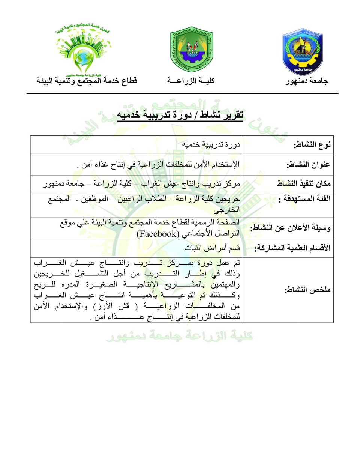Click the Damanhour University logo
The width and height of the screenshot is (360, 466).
click(303, 52)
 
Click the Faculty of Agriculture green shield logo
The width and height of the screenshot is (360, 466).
click(191, 50)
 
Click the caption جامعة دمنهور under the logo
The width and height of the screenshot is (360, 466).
click(306, 81)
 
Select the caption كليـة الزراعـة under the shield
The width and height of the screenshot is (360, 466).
click(191, 81)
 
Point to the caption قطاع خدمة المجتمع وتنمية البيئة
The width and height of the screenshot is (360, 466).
click(87, 81)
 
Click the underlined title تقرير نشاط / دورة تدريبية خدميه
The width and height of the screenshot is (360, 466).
click(180, 115)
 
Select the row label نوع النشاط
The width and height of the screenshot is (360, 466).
click(312, 145)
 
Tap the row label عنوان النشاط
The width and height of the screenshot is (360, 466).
click(308, 165)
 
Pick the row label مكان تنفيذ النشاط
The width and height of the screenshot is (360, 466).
click(304, 183)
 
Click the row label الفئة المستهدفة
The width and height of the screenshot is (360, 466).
click(304, 199)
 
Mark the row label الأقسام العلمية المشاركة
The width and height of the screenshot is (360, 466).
click(292, 248)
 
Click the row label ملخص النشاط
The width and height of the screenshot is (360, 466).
click(307, 290)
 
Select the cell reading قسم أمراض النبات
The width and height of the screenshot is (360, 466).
click(212, 248)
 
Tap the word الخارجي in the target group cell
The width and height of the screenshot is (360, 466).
click(226, 210)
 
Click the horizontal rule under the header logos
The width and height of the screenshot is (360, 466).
click(182, 93)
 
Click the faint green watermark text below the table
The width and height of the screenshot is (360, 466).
click(179, 336)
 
